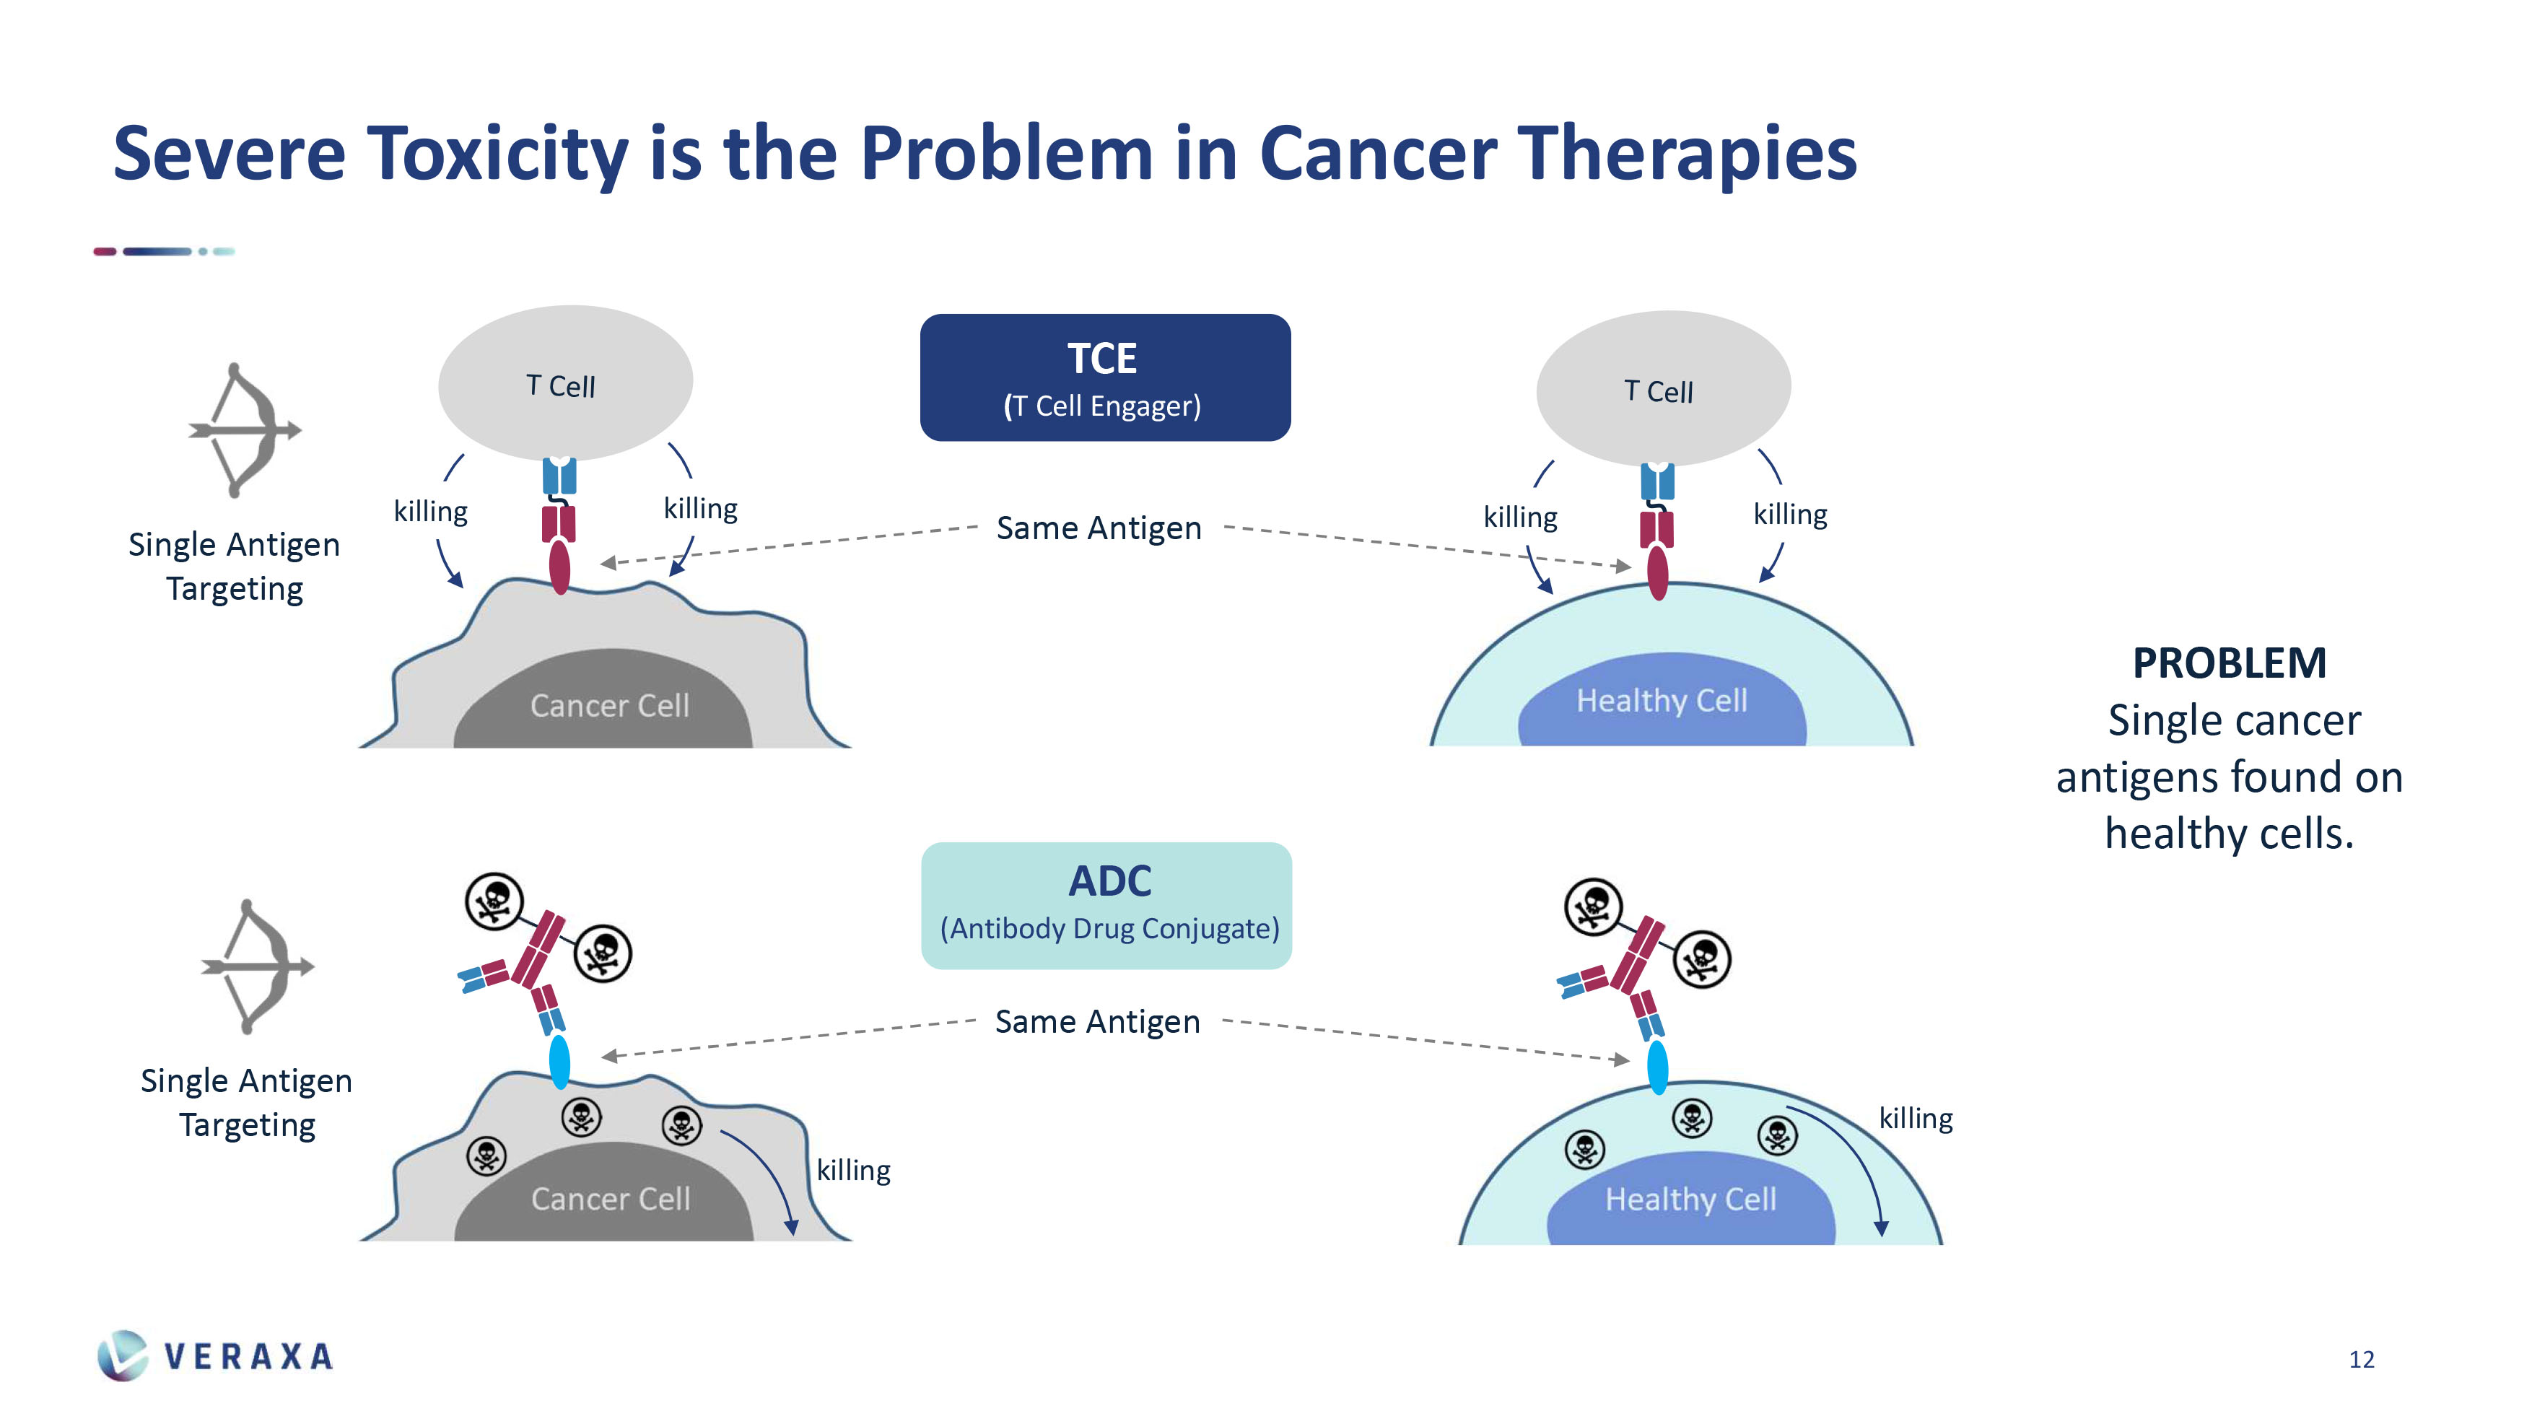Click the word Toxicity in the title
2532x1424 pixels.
[x=497, y=155]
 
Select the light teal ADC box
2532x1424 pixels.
[x=1106, y=905]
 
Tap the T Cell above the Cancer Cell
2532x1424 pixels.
[x=564, y=383]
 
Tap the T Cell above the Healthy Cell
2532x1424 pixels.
[x=1662, y=389]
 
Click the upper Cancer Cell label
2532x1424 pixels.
[x=609, y=706]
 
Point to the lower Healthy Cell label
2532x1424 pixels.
[x=1690, y=1199]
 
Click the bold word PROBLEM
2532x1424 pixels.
[x=2228, y=663]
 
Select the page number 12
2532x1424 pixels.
[x=2361, y=1359]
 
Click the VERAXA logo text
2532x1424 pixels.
[x=248, y=1356]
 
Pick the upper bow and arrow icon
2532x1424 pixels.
[x=244, y=429]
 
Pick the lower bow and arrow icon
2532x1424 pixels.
[x=256, y=966]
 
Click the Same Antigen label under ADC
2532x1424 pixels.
[x=1097, y=1022]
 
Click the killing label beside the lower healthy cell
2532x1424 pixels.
[x=1915, y=1119]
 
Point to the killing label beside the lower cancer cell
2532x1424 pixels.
[x=853, y=1171]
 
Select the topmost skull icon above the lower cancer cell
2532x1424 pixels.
[x=494, y=900]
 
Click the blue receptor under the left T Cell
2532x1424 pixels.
[x=559, y=476]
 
